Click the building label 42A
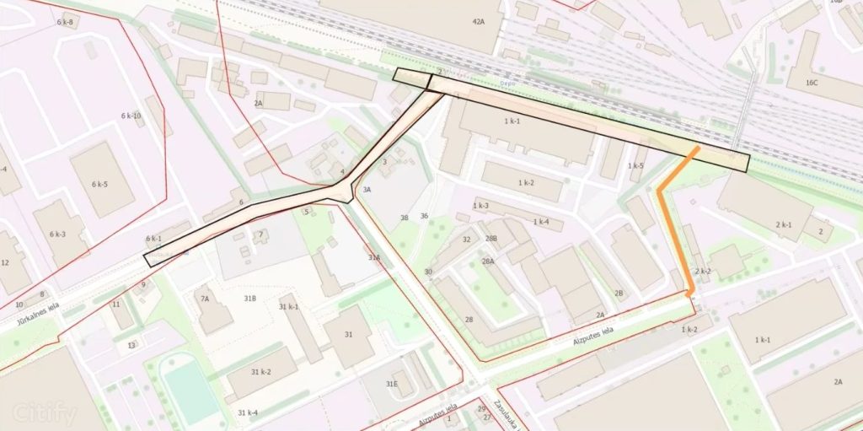[479, 22]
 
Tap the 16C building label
[812, 83]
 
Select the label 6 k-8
[65, 21]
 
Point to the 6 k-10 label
[131, 116]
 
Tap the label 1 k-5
[635, 165]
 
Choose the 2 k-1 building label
[782, 224]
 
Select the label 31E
[391, 384]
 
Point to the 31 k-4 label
[247, 412]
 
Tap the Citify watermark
[45, 414]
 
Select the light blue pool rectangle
[190, 391]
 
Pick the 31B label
[249, 299]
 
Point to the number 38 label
[405, 218]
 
